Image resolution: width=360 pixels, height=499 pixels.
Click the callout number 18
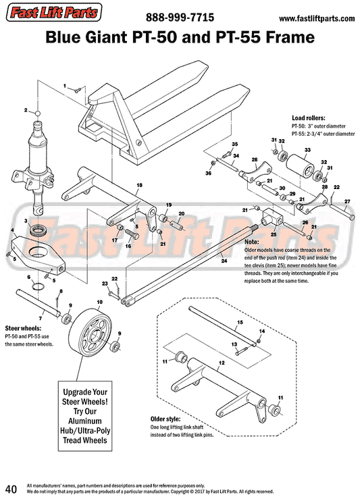[139, 184]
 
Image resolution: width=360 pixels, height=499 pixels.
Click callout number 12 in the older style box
[220, 362]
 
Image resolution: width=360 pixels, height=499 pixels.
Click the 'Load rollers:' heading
[309, 117]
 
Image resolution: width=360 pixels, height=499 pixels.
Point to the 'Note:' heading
[252, 241]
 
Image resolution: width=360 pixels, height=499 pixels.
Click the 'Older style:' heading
[165, 419]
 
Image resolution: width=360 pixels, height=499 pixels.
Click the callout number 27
[347, 201]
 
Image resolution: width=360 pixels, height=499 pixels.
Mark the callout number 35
[235, 145]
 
